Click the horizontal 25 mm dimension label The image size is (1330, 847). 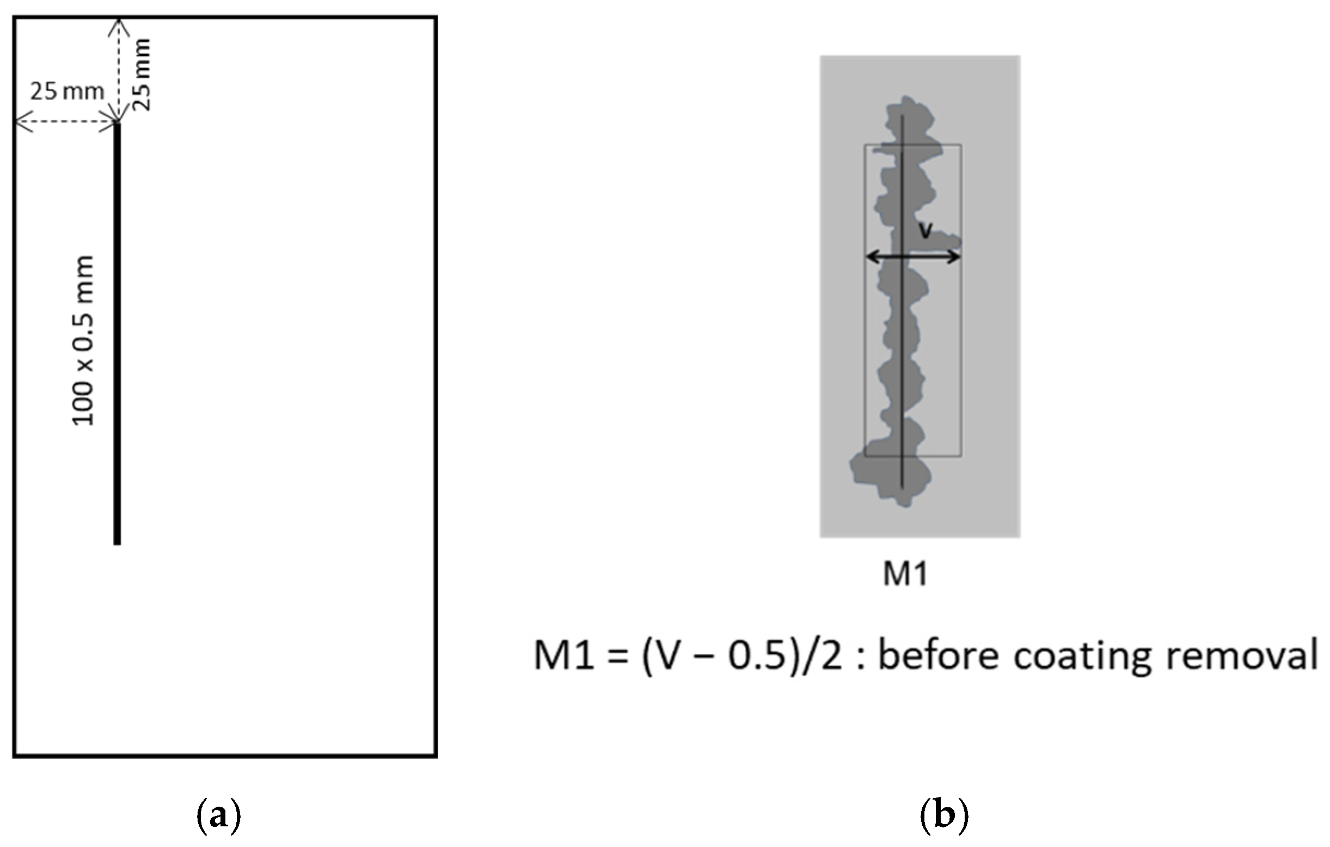pyautogui.click(x=67, y=91)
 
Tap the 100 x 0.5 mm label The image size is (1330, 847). pyautogui.click(x=83, y=341)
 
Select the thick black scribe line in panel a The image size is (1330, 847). pyautogui.click(x=117, y=332)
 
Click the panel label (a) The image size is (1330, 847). pyautogui.click(x=219, y=815)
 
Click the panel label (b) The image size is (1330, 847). pyautogui.click(x=944, y=815)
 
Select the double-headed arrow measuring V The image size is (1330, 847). pyautogui.click(x=912, y=257)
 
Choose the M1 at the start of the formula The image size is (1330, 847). pyautogui.click(x=563, y=656)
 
